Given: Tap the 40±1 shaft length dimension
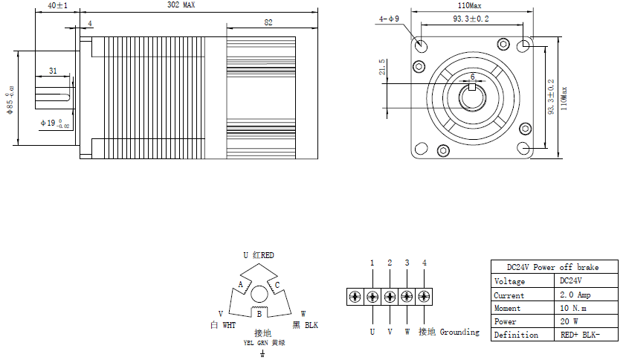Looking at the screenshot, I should click(57, 6).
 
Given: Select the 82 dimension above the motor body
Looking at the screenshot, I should click(267, 23).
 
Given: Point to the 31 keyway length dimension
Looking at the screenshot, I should click(53, 71).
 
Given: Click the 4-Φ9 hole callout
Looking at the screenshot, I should click(388, 19).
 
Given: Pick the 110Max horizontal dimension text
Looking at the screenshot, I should click(471, 5).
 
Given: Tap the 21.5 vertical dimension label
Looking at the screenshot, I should click(382, 67).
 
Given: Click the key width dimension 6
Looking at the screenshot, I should click(472, 76).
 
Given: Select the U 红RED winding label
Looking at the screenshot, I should click(258, 255).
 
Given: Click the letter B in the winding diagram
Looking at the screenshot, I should click(258, 315).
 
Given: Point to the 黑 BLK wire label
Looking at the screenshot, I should click(305, 325).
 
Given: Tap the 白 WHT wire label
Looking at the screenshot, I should click(223, 325).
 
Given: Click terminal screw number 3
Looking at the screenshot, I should click(407, 296).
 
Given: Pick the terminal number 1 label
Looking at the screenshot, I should click(372, 263).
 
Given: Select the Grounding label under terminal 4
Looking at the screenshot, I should click(459, 332).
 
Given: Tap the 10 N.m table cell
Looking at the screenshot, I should click(575, 308).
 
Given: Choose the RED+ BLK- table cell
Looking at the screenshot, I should click(579, 335).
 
